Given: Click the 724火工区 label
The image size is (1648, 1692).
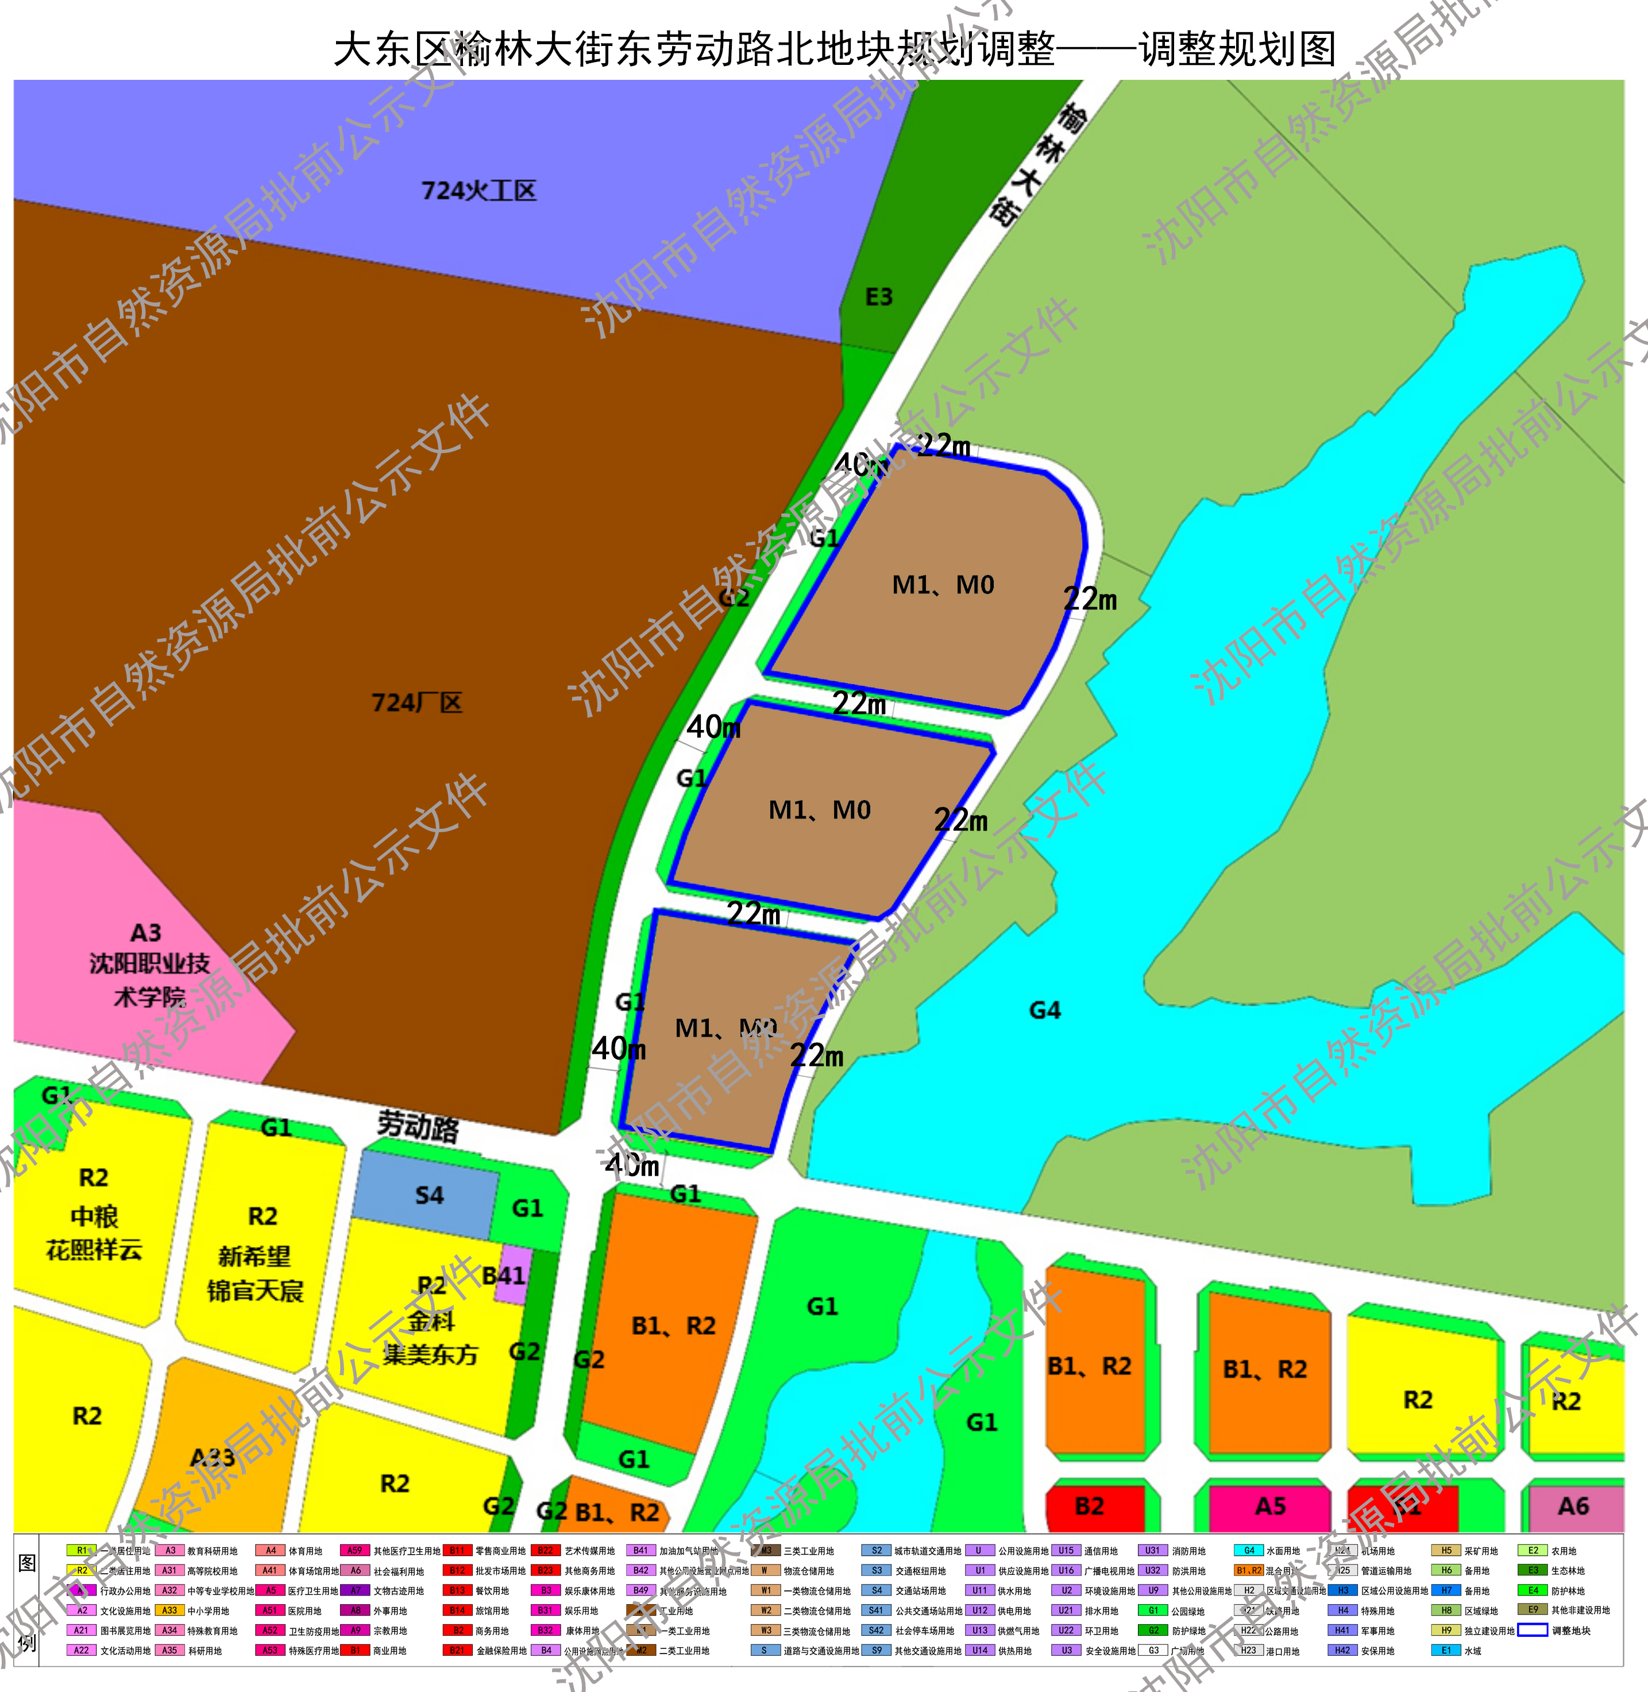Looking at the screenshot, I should coord(478,191).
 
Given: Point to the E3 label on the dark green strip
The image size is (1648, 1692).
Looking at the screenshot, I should coord(878,297).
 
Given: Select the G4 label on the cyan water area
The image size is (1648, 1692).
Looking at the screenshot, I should coord(1045,1010).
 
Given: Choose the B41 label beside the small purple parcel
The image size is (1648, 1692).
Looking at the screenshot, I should coord(503,1275).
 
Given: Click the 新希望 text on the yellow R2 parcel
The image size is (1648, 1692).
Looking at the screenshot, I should coord(254,1256).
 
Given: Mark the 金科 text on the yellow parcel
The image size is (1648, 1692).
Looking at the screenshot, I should coord(431,1321).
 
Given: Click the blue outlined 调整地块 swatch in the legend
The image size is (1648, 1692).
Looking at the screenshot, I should coord(1532,1631).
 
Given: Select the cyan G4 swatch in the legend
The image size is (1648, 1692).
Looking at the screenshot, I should coord(1248,1551).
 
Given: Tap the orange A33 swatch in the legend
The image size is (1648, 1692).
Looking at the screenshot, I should coord(169,1610).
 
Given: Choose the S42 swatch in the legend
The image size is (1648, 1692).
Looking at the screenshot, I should coord(876,1631).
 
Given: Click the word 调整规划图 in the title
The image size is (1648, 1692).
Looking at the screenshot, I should coord(1238,49).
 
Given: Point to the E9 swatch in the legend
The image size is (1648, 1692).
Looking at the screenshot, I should coord(1532,1610).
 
